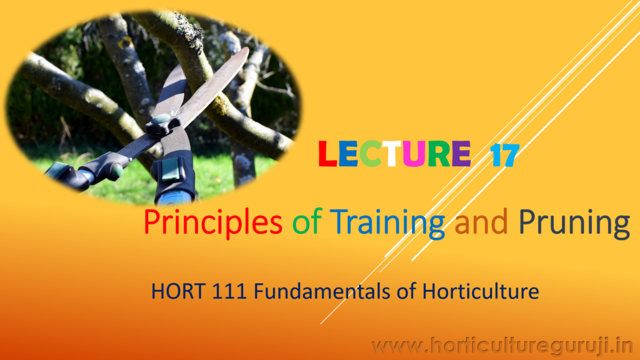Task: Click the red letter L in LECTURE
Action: [327, 154]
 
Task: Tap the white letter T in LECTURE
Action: [392, 154]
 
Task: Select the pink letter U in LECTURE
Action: [414, 154]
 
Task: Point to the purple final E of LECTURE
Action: [462, 154]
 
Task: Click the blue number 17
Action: [505, 155]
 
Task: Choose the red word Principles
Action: [213, 222]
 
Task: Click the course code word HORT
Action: [178, 291]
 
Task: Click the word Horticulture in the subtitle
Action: [481, 291]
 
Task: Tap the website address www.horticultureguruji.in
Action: [502, 346]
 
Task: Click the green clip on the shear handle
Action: [170, 169]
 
